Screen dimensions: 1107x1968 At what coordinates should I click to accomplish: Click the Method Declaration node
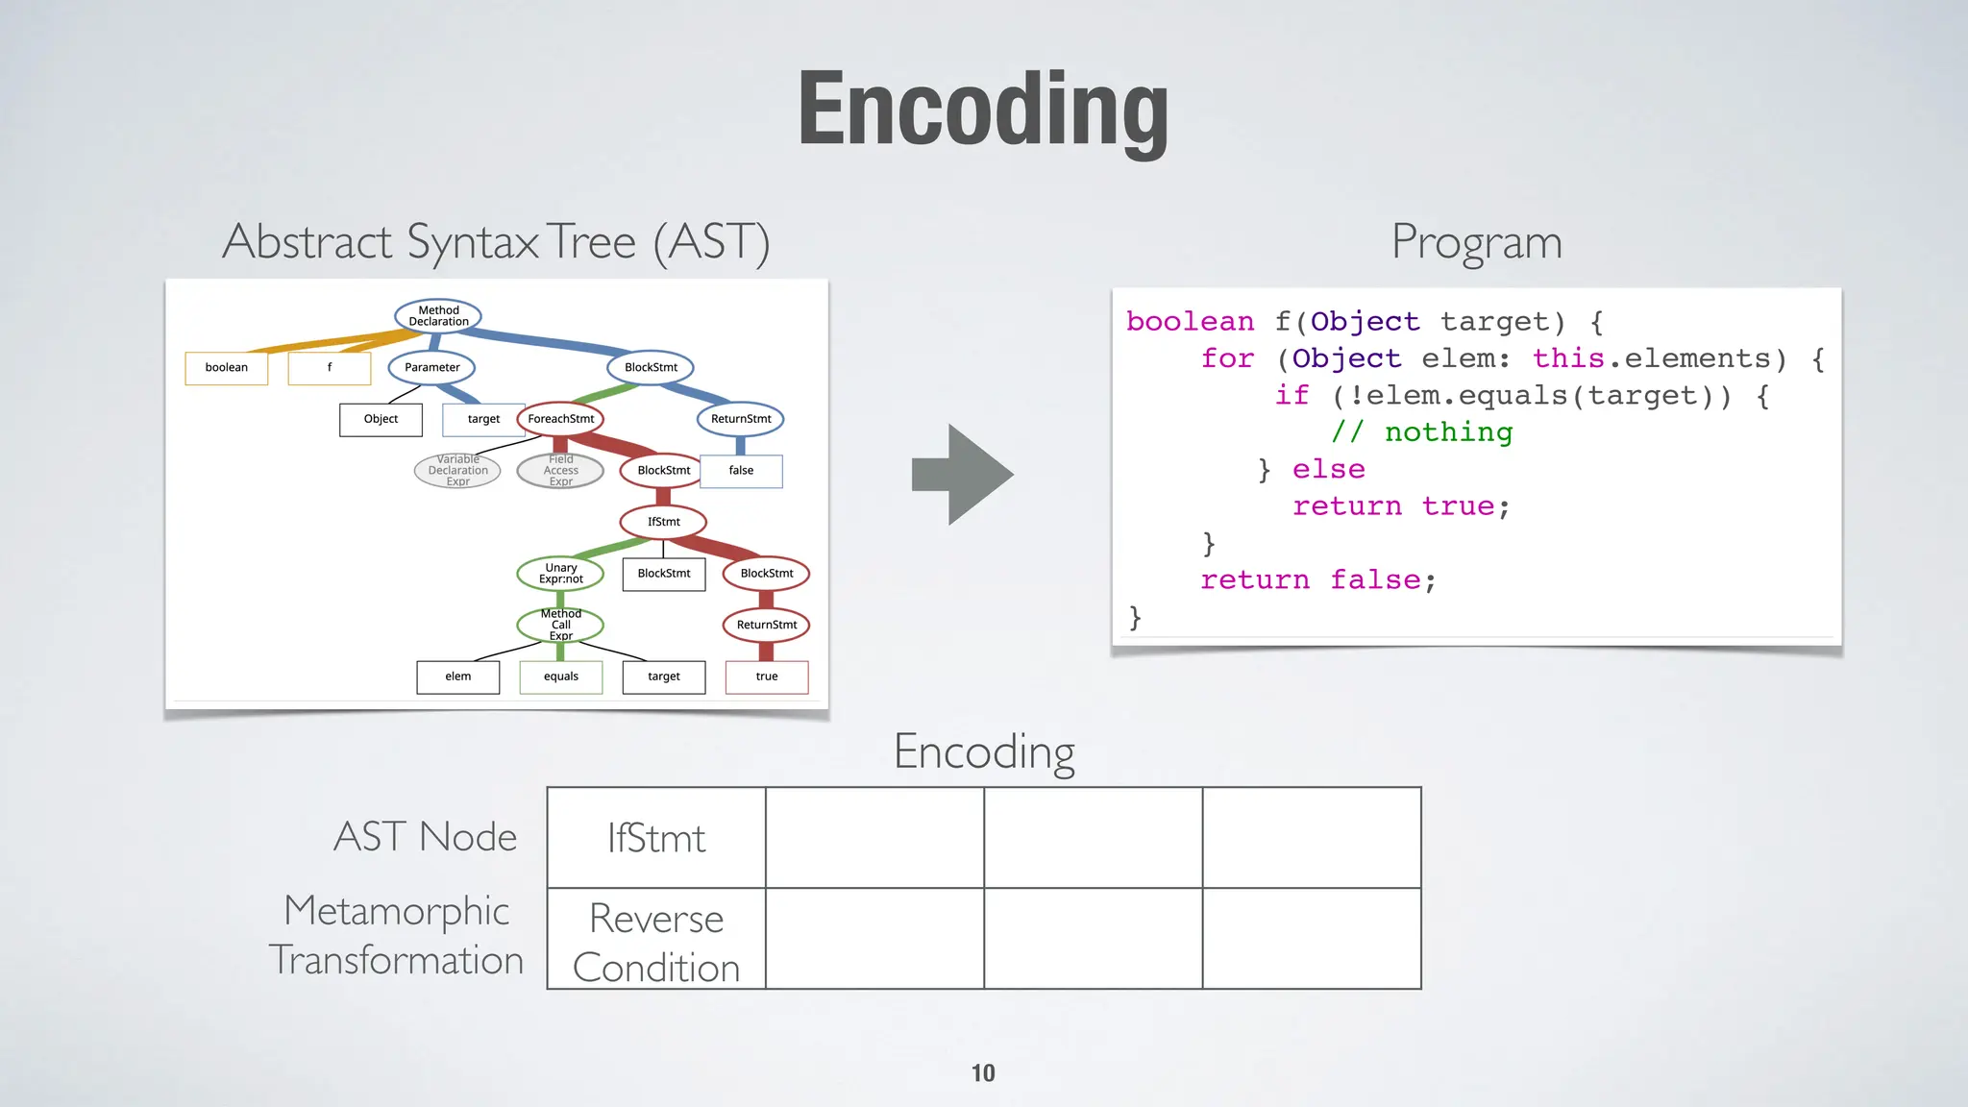click(x=438, y=316)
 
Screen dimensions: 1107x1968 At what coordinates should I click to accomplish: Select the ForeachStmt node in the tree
click(x=560, y=419)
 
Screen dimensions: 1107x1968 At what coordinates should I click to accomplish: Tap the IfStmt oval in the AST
click(x=663, y=522)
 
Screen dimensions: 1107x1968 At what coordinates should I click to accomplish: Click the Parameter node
click(x=432, y=367)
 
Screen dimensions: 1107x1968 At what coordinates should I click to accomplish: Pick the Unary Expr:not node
click(x=560, y=574)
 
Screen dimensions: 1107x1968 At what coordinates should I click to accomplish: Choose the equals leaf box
click(x=561, y=676)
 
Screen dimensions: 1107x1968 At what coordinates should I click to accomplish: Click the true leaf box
click(x=767, y=676)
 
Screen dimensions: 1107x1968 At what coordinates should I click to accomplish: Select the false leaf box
click(x=741, y=471)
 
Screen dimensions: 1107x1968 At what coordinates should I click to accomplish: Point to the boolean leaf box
click(x=227, y=367)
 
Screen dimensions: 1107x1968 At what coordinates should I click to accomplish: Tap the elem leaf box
click(x=458, y=676)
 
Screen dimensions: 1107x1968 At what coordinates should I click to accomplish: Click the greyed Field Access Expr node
click(x=560, y=471)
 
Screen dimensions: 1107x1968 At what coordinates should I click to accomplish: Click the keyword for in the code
click(x=1227, y=358)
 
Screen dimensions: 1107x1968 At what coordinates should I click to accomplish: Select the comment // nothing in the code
click(x=1421, y=432)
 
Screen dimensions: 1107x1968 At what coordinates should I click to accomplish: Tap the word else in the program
click(x=1328, y=469)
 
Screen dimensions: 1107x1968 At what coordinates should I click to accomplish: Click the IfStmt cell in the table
click(x=656, y=838)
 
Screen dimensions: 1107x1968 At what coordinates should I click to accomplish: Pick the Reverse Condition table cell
click(x=656, y=941)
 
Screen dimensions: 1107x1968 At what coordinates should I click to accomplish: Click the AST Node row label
click(x=425, y=836)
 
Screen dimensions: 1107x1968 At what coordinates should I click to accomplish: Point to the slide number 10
click(x=983, y=1072)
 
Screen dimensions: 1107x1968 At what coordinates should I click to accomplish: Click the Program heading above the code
click(x=1476, y=242)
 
